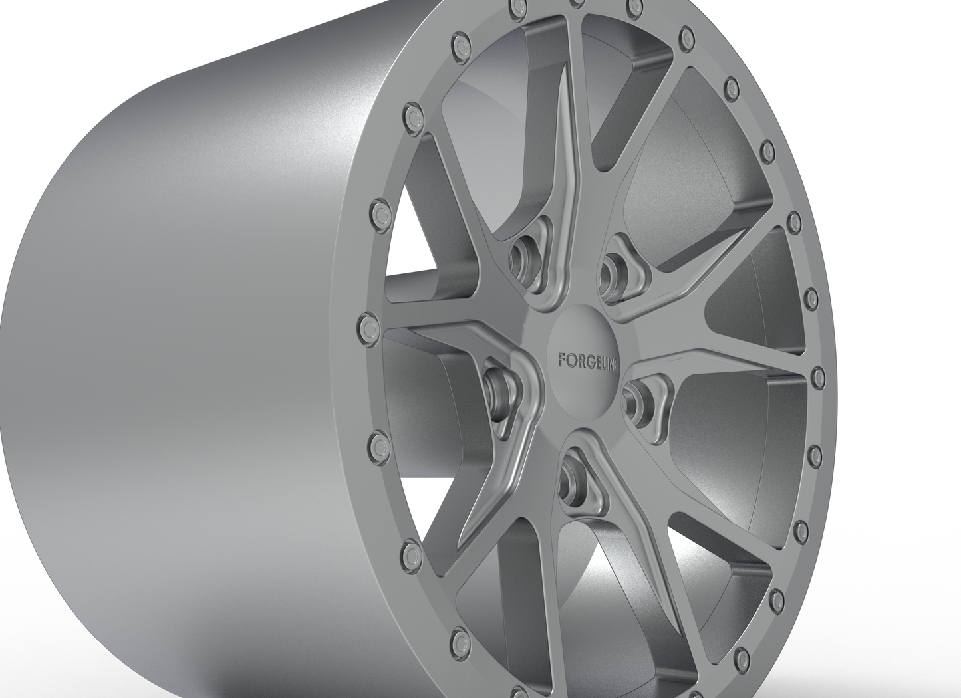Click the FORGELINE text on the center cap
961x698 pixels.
click(585, 360)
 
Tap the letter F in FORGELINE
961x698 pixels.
click(561, 360)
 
